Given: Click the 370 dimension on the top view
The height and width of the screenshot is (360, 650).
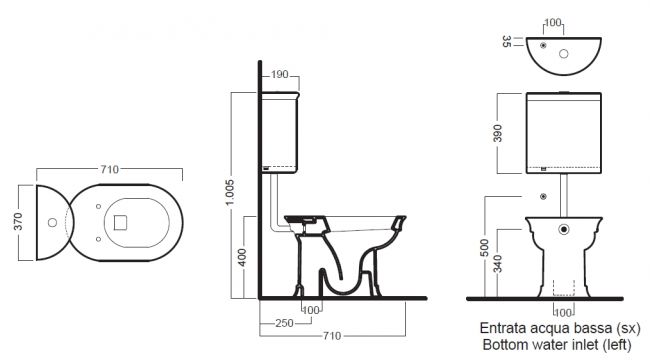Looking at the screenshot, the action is (x=18, y=221).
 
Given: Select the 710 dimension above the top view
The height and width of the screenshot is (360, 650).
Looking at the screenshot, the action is (x=109, y=169).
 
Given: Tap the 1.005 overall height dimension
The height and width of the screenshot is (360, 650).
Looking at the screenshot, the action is (x=230, y=192).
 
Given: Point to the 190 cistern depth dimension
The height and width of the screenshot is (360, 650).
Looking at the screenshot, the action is (x=279, y=75).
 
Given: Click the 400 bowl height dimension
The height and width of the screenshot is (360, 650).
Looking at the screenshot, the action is (x=243, y=257).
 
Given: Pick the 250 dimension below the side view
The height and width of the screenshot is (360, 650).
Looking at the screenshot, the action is (x=284, y=323).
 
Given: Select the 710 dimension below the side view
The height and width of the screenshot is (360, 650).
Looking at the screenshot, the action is (x=332, y=336).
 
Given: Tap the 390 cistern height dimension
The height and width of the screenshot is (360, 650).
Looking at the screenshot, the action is (x=497, y=133).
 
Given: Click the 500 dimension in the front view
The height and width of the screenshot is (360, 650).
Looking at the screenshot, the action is (x=485, y=247).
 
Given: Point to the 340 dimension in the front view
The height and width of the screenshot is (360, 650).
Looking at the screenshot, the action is (x=498, y=264).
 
